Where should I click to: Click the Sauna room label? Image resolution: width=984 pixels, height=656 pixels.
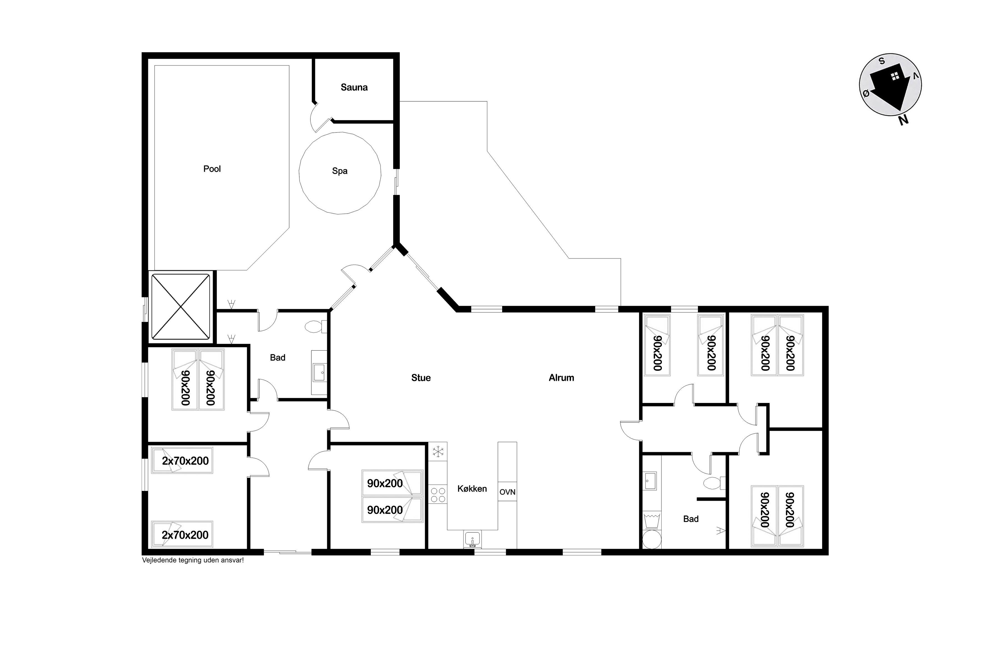pyautogui.click(x=354, y=87)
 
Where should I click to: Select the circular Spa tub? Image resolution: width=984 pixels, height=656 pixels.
pyautogui.click(x=340, y=173)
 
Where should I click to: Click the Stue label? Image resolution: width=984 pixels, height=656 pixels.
pyautogui.click(x=421, y=378)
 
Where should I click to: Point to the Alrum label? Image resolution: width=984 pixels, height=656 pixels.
pyautogui.click(x=562, y=378)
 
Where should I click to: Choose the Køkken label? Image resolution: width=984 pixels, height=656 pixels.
pyautogui.click(x=472, y=489)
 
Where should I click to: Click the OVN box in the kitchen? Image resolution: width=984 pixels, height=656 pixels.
pyautogui.click(x=507, y=492)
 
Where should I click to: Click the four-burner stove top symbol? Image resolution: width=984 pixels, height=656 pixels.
pyautogui.click(x=438, y=495)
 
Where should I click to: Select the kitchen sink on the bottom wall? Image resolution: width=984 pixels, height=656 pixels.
pyautogui.click(x=473, y=539)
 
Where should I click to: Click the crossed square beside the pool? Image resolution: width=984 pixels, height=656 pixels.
pyautogui.click(x=180, y=307)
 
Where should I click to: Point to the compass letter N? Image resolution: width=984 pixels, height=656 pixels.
pyautogui.click(x=904, y=120)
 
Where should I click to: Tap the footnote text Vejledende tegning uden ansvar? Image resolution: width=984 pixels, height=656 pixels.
pyautogui.click(x=193, y=560)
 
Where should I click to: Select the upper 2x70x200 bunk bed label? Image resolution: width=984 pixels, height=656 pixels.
pyautogui.click(x=185, y=461)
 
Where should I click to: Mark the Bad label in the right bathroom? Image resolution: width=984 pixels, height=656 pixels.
pyautogui.click(x=691, y=519)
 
